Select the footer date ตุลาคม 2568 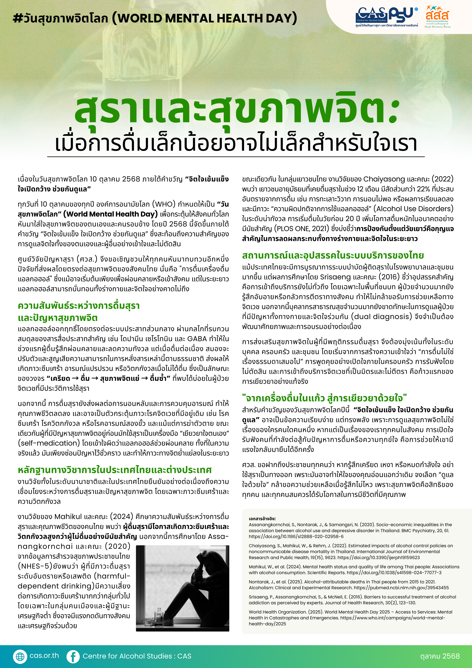(440, 656)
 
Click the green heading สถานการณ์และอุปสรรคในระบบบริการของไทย (333, 255)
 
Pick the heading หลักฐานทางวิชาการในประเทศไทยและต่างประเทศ (115, 470)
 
